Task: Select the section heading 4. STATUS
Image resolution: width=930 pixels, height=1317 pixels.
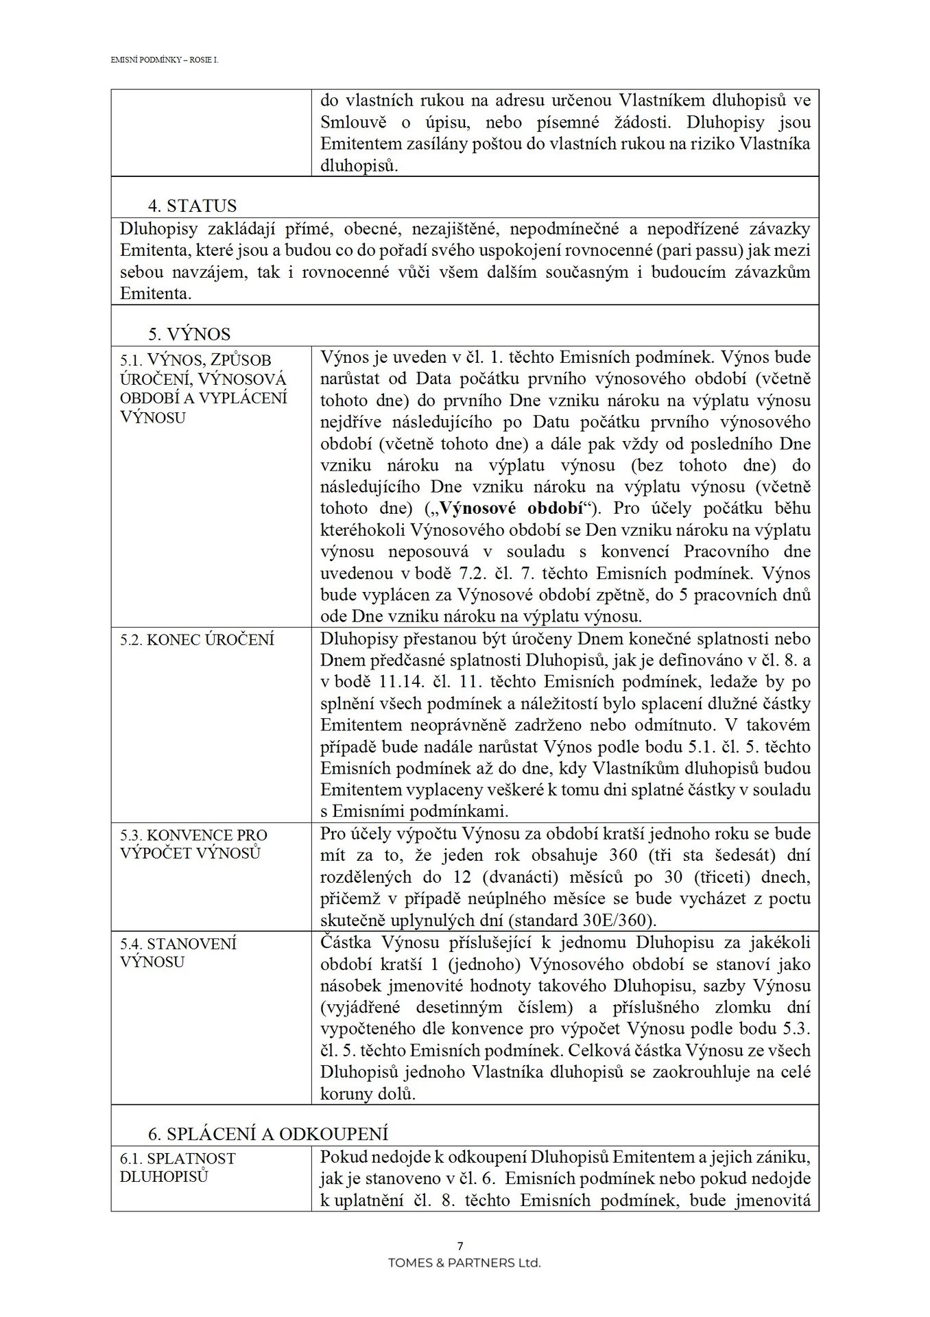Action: (192, 206)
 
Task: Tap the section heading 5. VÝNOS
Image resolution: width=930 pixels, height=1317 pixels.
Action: (189, 335)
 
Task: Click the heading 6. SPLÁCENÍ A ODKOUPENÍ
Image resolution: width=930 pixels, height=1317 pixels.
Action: (268, 1134)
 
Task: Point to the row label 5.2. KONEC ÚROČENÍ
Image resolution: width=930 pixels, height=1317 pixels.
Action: (197, 640)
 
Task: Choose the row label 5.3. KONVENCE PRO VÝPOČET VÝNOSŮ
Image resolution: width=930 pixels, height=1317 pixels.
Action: (193, 844)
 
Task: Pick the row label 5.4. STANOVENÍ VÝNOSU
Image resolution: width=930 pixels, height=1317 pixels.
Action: (178, 953)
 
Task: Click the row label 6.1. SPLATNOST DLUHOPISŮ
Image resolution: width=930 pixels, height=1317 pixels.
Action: (178, 1167)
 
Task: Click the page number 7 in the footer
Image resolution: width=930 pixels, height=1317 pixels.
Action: (460, 1246)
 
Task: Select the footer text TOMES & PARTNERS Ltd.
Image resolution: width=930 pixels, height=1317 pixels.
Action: (465, 1262)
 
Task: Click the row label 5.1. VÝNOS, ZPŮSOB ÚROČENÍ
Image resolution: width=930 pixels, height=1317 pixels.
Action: (195, 360)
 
